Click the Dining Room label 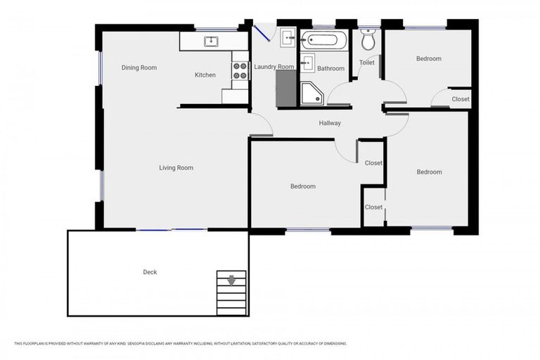click(x=139, y=68)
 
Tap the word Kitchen click(x=205, y=75)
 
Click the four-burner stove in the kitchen click(x=240, y=70)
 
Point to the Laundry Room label click(x=274, y=67)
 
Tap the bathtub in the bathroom click(x=324, y=39)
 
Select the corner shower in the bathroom click(x=311, y=93)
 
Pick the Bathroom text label click(x=330, y=69)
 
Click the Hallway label click(x=330, y=123)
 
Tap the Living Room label click(x=176, y=168)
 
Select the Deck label click(x=150, y=272)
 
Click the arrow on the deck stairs click(x=231, y=281)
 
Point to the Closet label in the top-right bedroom click(x=461, y=99)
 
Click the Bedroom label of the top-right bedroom click(x=429, y=59)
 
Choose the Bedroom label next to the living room click(x=303, y=186)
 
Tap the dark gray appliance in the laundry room click(x=285, y=87)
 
